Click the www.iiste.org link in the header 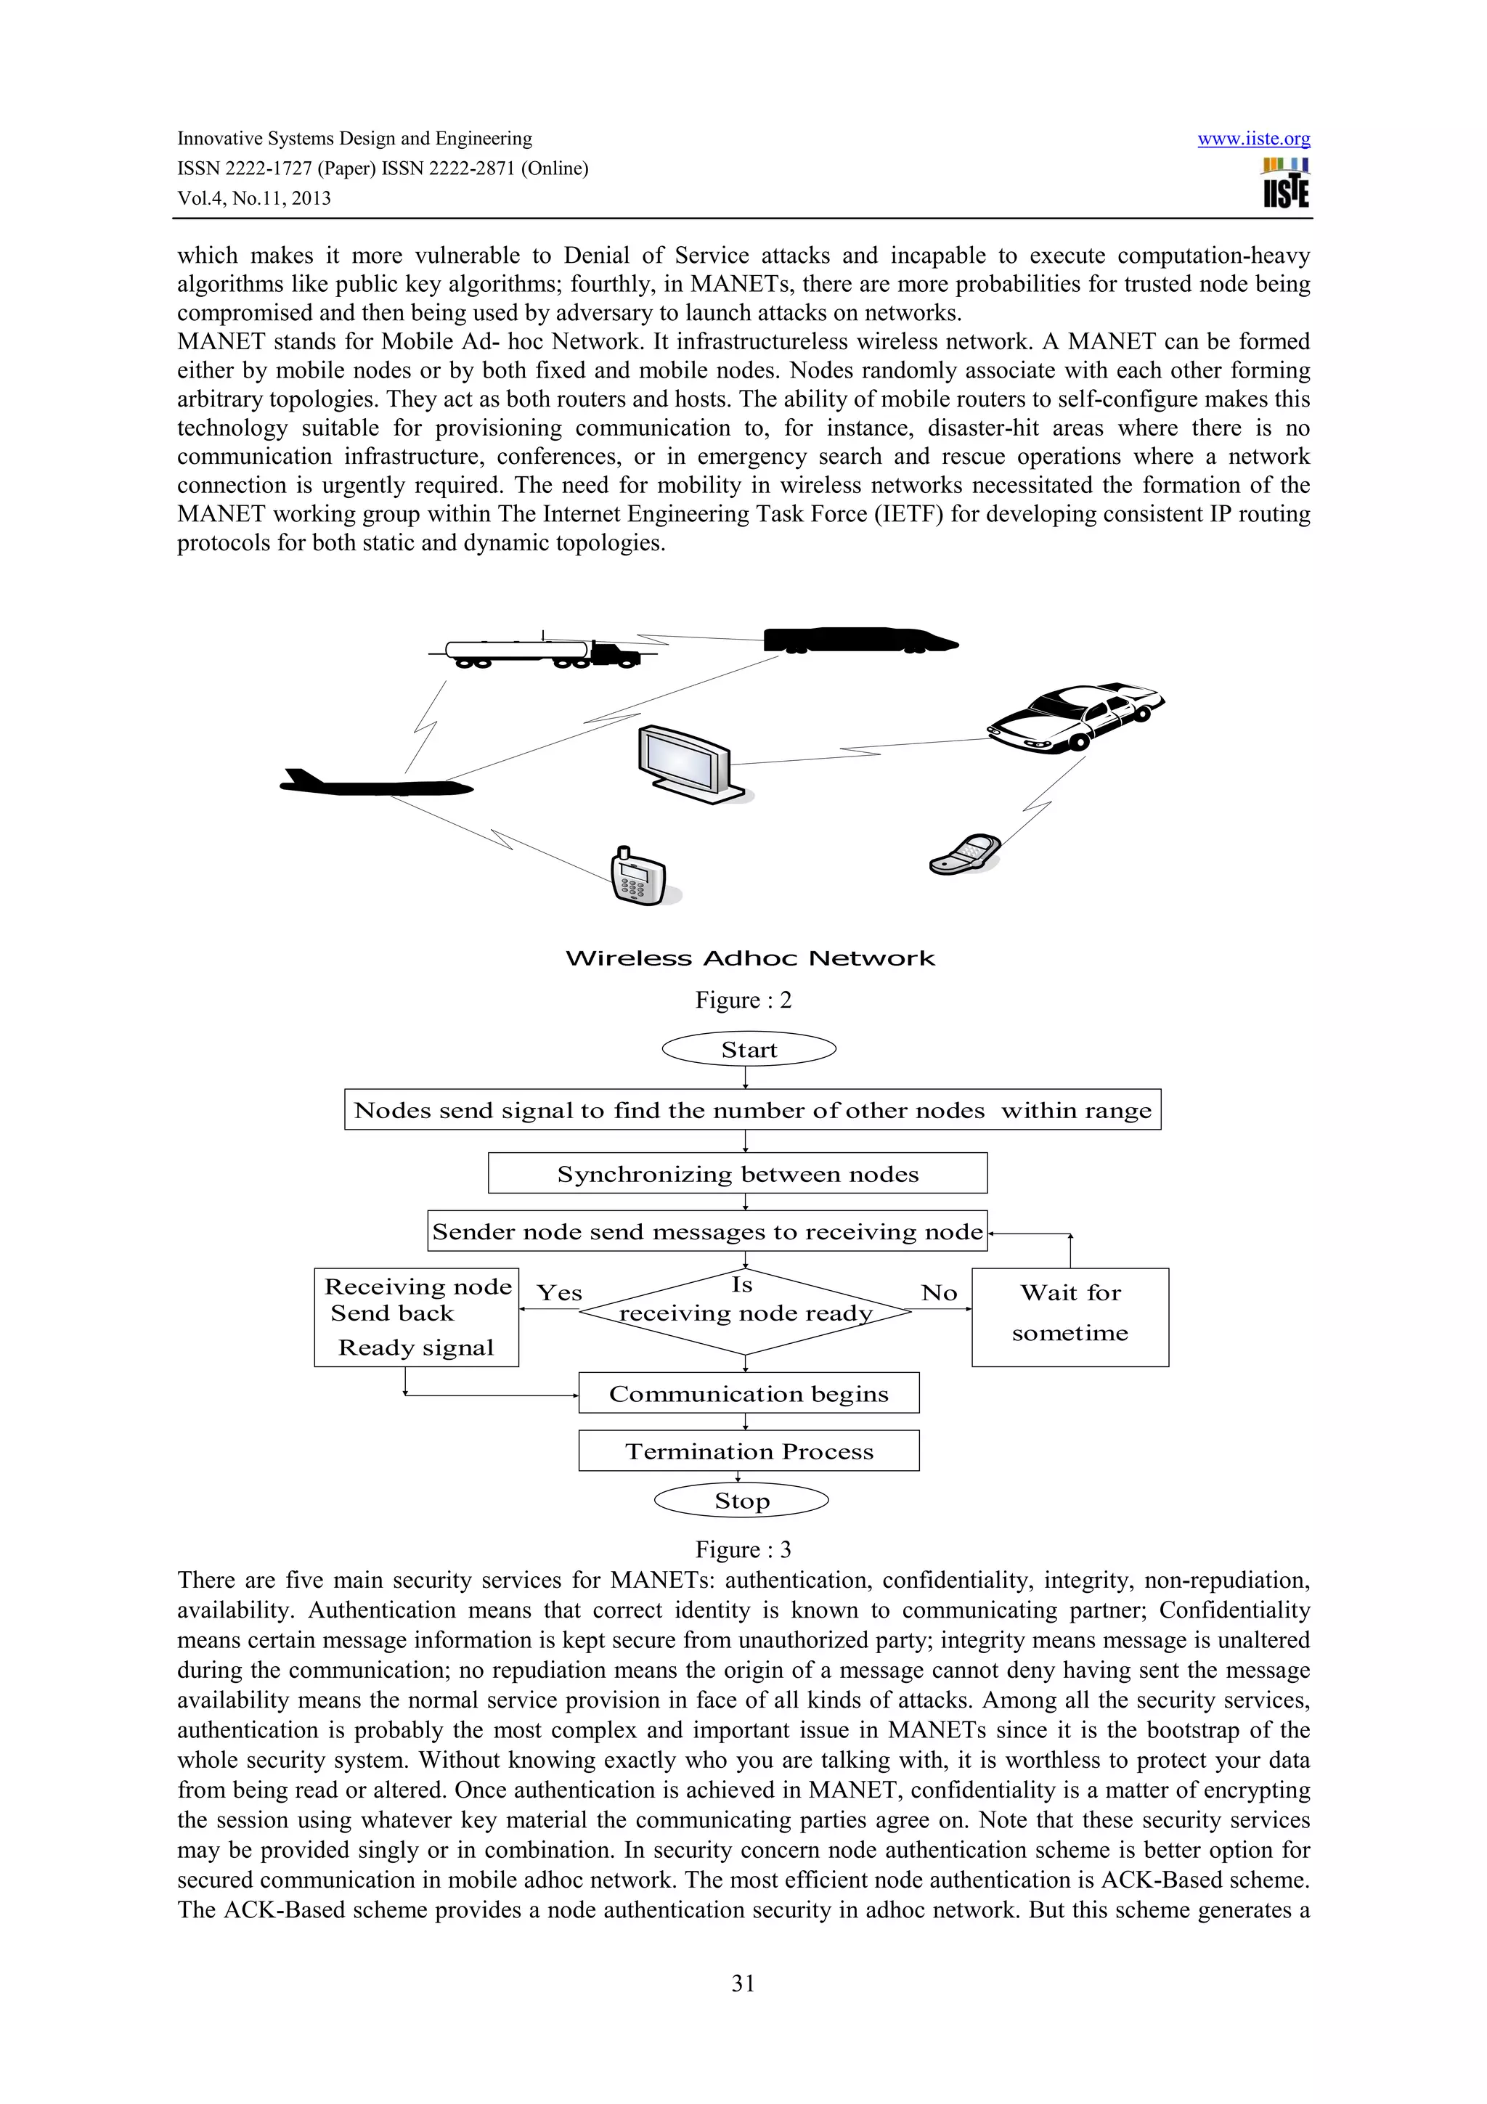click(x=1252, y=139)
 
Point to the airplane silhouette click(x=375, y=784)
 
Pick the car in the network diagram click(x=1074, y=717)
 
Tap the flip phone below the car click(x=963, y=854)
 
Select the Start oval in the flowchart click(x=749, y=1049)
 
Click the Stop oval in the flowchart click(x=741, y=1501)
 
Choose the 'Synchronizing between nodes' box click(x=738, y=1174)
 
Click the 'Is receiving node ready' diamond click(x=745, y=1311)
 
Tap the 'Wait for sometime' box click(x=1070, y=1317)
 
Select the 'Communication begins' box click(x=749, y=1394)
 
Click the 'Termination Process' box click(x=749, y=1451)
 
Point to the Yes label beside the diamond click(x=559, y=1293)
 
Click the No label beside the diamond click(x=939, y=1293)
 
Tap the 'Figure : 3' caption click(x=742, y=1549)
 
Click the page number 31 click(x=743, y=1983)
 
